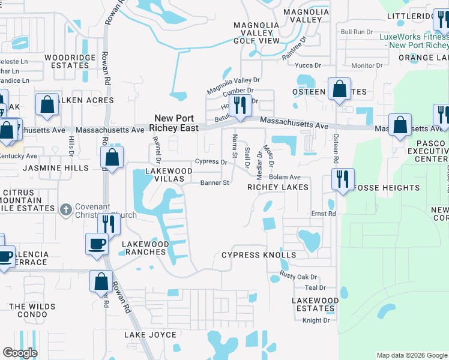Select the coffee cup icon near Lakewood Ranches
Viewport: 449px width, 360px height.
97,244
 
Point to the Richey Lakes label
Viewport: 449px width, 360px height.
278,188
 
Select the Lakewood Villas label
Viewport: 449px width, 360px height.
160,175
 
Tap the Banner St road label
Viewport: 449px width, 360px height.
215,183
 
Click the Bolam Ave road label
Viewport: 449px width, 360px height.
285,178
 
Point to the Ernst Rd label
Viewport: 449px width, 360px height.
323,214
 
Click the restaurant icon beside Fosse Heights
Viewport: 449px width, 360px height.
343,179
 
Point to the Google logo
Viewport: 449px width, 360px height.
20,353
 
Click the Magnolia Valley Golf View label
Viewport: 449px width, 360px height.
256,33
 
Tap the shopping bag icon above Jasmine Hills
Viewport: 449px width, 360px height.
112,158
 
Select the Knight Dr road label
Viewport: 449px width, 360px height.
316,320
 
